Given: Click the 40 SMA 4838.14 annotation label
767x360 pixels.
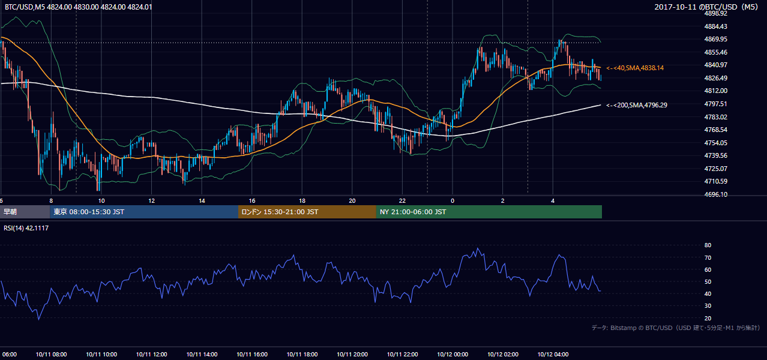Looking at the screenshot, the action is click(x=635, y=68).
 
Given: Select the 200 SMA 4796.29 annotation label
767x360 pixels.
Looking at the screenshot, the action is click(x=637, y=105).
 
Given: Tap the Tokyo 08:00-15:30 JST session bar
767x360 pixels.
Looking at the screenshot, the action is click(x=144, y=212).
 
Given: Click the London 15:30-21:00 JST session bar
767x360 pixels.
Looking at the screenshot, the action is click(x=307, y=212).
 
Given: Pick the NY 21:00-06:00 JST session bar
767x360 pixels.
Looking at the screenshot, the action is click(x=489, y=212).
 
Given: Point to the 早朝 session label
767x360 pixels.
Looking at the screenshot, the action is click(x=10, y=212).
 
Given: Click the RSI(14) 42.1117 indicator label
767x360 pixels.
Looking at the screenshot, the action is click(x=26, y=228).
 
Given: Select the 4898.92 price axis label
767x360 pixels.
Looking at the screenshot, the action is click(x=715, y=13).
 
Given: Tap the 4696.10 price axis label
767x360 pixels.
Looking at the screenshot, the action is click(x=715, y=194).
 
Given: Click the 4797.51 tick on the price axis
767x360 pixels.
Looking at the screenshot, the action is click(x=715, y=104).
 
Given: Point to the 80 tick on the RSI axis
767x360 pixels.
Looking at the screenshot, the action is click(x=708, y=245).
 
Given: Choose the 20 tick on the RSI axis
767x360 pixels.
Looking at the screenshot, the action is click(x=708, y=318).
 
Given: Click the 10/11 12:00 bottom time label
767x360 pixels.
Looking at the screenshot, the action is click(x=151, y=354).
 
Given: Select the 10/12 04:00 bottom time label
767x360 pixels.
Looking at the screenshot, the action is click(x=553, y=354).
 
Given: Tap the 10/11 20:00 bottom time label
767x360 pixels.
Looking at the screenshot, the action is click(x=352, y=354).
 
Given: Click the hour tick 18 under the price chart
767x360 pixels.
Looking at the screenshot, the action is click(x=302, y=201).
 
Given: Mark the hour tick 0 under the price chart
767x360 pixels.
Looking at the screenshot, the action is click(x=453, y=201).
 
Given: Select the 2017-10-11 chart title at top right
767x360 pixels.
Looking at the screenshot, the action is click(x=706, y=7).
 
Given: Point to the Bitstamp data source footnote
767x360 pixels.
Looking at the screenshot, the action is click(x=675, y=328).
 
